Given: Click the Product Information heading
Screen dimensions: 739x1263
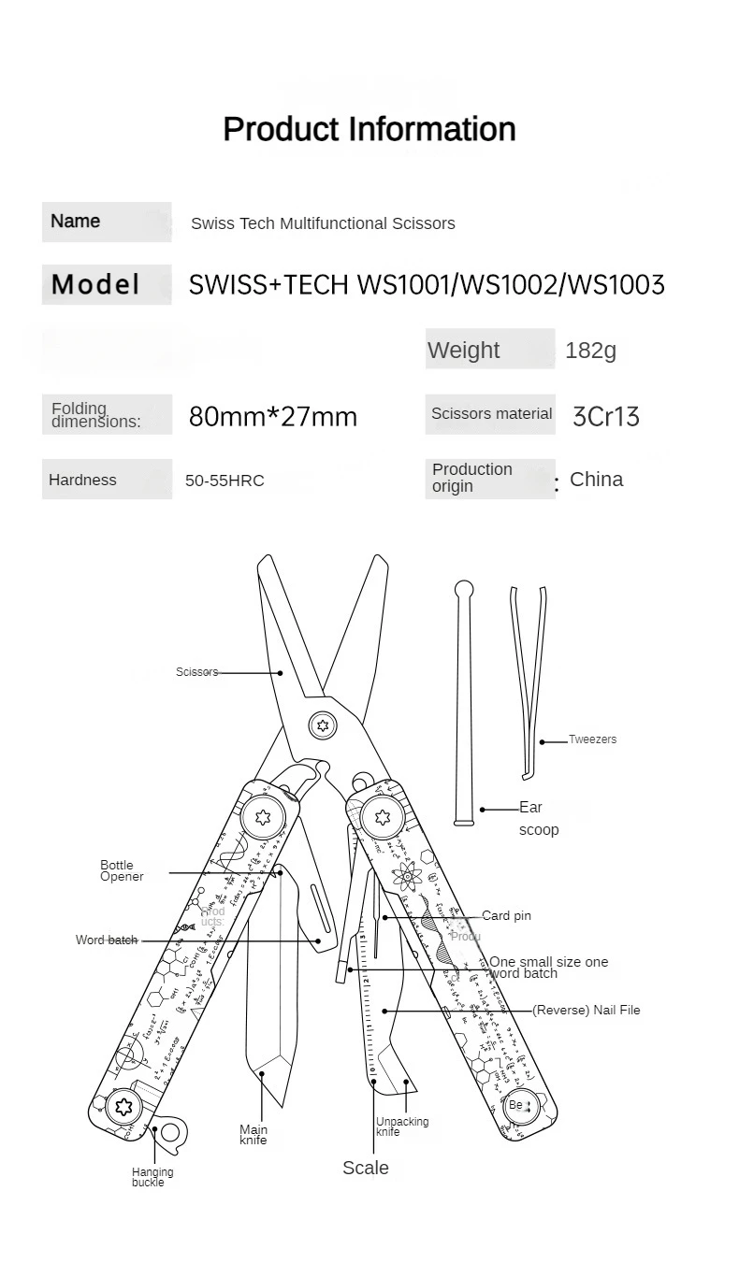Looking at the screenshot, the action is [x=369, y=129].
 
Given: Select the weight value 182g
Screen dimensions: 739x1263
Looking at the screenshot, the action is [x=590, y=351].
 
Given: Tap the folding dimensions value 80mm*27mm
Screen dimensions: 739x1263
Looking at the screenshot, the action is [x=272, y=416].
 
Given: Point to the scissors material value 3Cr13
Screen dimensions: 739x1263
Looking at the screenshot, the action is [x=605, y=416].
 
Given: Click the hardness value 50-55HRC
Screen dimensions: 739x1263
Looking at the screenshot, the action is [x=225, y=481].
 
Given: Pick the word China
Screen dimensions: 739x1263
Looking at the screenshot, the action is [x=596, y=480].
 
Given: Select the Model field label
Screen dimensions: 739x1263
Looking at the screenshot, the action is [x=95, y=284].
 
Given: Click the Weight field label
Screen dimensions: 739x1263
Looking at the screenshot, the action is [x=463, y=351].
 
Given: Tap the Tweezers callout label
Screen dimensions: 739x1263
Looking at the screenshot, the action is [x=592, y=739].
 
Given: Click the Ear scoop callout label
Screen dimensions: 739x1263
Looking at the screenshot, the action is [x=537, y=818].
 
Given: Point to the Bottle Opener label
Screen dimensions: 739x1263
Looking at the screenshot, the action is [x=122, y=870].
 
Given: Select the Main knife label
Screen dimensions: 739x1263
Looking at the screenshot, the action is [x=254, y=1135].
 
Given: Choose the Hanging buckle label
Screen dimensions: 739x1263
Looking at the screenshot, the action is [x=152, y=1177].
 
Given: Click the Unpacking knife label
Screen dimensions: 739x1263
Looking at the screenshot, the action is [x=402, y=1127].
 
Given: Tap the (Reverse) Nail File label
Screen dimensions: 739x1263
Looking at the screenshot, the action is [x=587, y=1011].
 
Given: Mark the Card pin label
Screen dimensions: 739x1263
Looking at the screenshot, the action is [x=506, y=916].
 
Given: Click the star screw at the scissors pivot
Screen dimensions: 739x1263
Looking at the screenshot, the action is [x=323, y=725].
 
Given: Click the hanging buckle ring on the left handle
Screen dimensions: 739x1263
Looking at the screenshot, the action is [x=169, y=1134].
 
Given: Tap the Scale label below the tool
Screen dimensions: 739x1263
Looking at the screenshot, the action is [x=365, y=1168].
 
